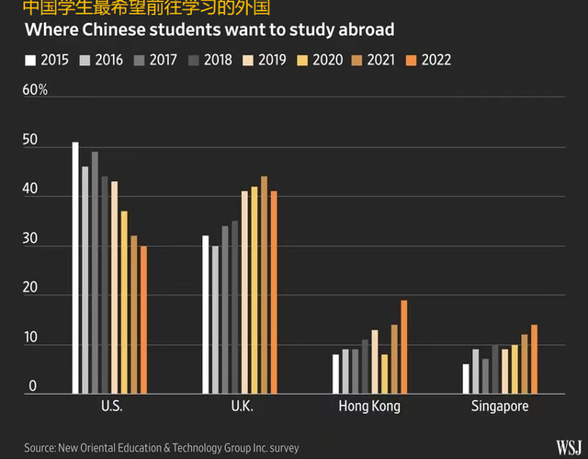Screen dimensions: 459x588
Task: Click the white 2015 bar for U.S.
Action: [75, 268]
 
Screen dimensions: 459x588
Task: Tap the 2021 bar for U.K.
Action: [264, 284]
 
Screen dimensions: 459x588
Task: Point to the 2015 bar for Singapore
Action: [466, 378]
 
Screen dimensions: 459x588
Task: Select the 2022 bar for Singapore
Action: [534, 359]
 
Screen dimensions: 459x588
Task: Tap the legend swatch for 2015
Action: [30, 61]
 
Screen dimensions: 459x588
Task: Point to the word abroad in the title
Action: [361, 29]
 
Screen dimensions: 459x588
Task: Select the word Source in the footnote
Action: [41, 448]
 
